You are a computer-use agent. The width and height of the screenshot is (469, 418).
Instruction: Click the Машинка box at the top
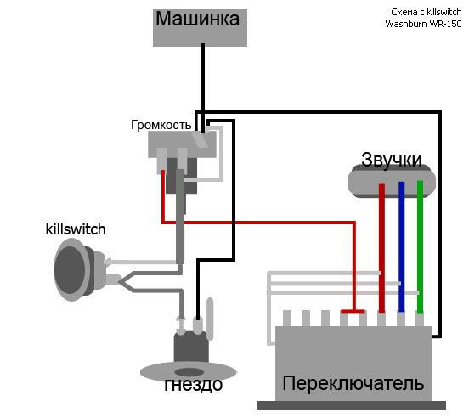click(x=200, y=28)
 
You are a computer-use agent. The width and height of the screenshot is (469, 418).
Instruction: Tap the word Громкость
click(x=161, y=125)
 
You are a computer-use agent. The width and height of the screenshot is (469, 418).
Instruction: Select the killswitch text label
click(x=76, y=229)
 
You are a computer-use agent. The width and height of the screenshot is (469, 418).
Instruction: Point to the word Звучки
click(x=391, y=160)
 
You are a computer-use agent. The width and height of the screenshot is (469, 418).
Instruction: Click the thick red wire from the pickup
click(x=381, y=248)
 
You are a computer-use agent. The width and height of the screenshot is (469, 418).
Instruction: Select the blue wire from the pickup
click(x=401, y=246)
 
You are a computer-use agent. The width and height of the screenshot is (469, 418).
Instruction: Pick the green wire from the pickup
click(x=420, y=246)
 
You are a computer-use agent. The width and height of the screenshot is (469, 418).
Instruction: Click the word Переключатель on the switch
click(x=353, y=383)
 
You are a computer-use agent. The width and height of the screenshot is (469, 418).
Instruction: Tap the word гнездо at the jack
click(x=194, y=385)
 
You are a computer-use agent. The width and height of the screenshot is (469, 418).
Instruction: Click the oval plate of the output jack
click(x=189, y=371)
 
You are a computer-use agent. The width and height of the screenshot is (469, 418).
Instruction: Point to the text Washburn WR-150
click(x=423, y=24)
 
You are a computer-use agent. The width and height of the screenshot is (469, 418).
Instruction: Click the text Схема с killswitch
click(x=427, y=12)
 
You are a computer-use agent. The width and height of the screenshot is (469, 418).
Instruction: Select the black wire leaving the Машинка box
click(x=202, y=88)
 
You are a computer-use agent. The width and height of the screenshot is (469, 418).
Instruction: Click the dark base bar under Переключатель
click(x=352, y=405)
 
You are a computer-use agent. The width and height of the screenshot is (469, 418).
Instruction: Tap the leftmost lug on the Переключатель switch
click(x=287, y=319)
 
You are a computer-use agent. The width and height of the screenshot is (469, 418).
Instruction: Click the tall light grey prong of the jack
click(x=210, y=319)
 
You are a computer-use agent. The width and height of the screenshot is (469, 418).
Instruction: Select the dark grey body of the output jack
click(x=191, y=347)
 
